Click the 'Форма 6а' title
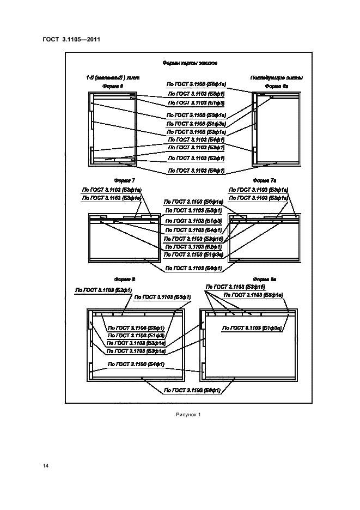pyautogui.click(x=276, y=86)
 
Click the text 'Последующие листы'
pyautogui.click(x=276, y=77)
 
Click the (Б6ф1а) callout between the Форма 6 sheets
pyautogui.click(x=196, y=84)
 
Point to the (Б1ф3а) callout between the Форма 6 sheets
pyautogui.click(x=196, y=124)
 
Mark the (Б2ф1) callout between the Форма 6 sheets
pyautogui.click(x=196, y=158)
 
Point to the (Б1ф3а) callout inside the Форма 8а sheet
pyautogui.click(x=251, y=328)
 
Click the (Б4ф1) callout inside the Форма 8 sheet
pyautogui.click(x=137, y=363)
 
